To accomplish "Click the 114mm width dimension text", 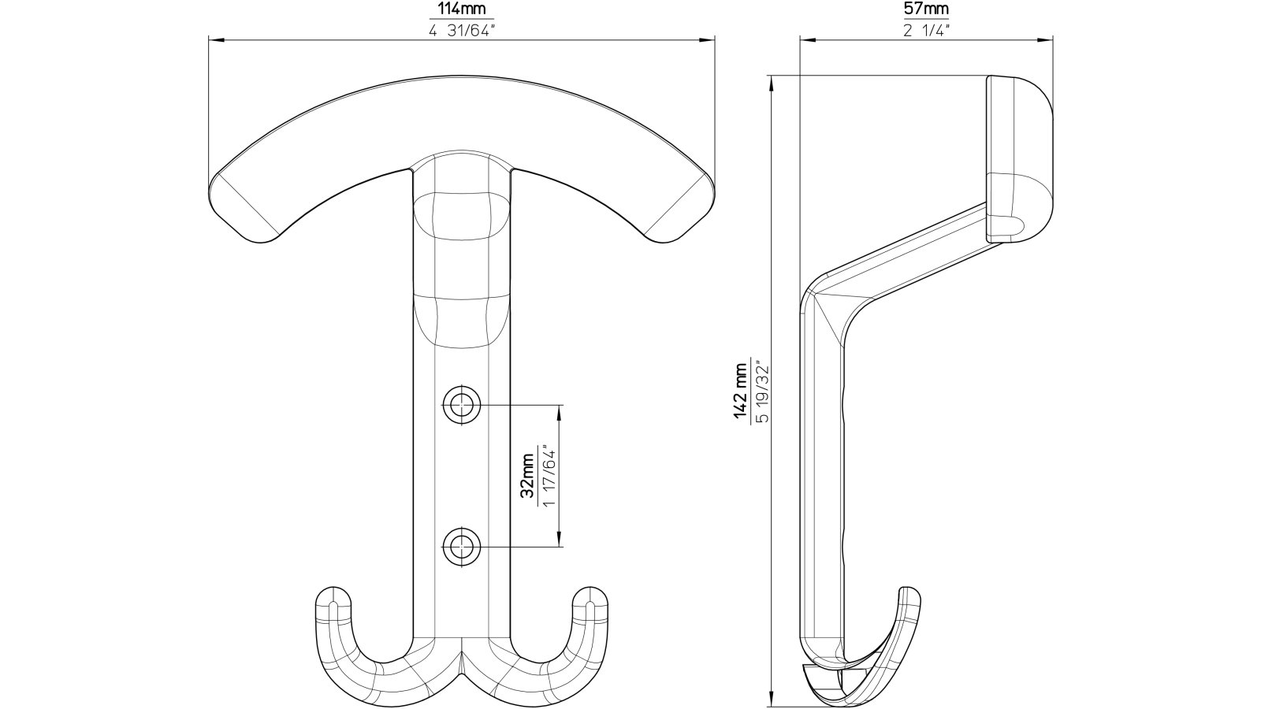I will [462, 10].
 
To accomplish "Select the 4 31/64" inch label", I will [462, 32].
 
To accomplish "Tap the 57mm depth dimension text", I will [925, 10].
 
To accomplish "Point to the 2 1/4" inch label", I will [925, 32].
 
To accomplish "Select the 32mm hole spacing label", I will [527, 476].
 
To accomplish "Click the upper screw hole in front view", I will [461, 406].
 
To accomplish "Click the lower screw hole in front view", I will [461, 545].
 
